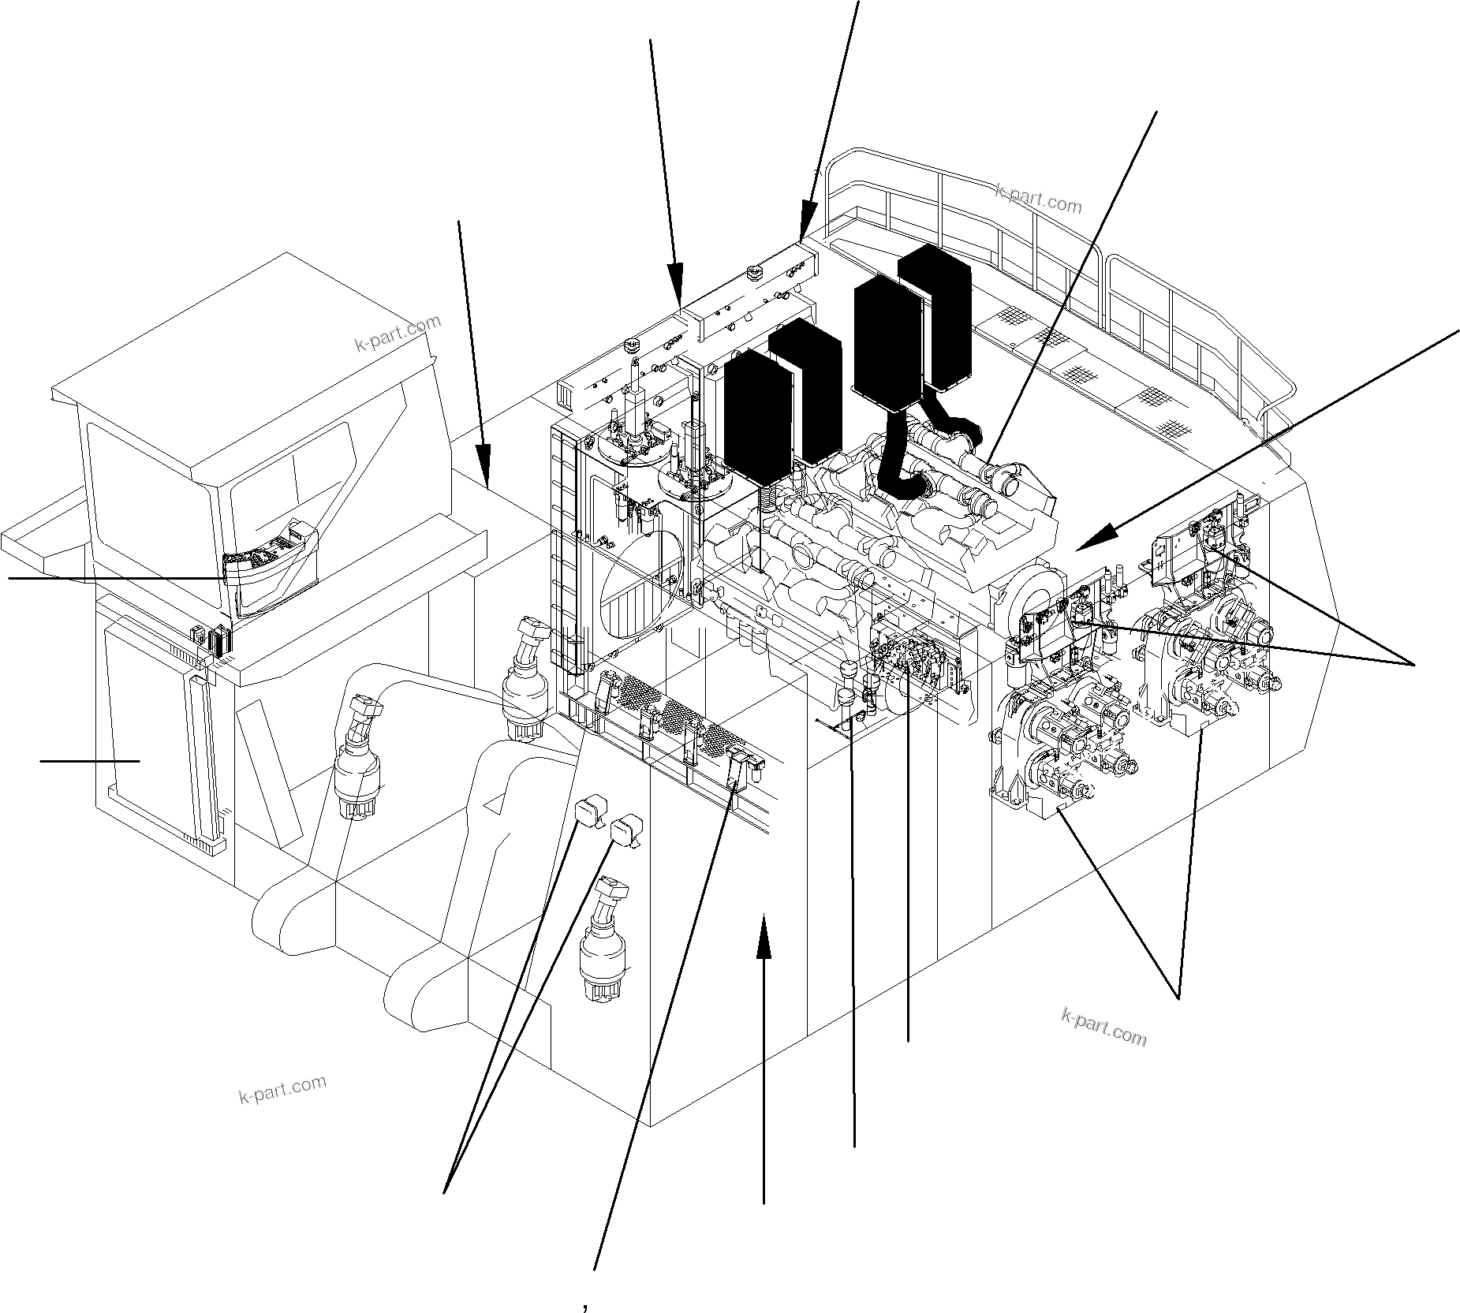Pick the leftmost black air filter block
click(757, 416)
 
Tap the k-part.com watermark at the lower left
click(282, 1089)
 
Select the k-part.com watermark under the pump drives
click(1103, 1026)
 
